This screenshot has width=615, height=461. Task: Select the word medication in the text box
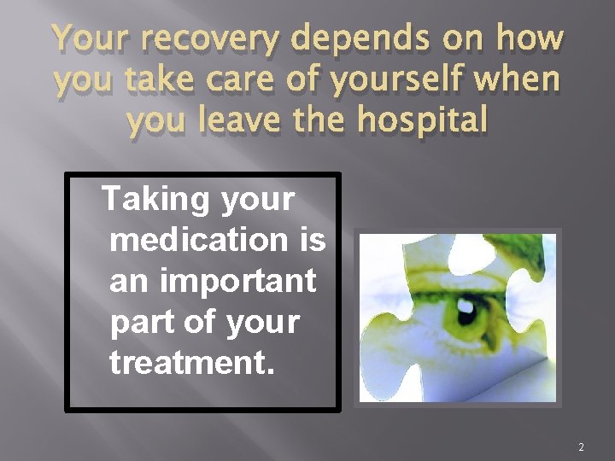tap(198, 240)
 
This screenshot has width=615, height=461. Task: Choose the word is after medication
tap(311, 240)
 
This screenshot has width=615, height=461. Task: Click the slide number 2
tap(581, 446)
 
